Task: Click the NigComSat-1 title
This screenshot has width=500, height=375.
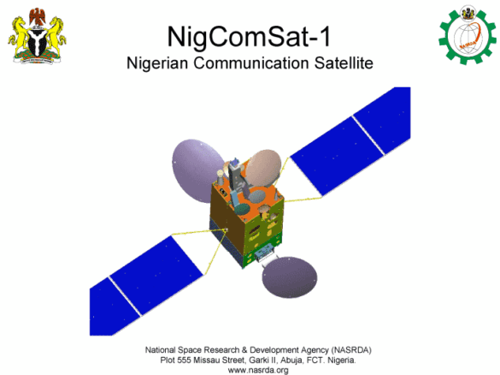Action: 250,37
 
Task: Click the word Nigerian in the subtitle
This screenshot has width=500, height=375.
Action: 157,62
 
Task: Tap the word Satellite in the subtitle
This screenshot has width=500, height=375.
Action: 344,62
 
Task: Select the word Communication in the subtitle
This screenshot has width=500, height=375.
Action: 251,62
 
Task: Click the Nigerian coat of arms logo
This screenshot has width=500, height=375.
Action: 37,36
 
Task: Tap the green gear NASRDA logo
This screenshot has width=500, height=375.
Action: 468,34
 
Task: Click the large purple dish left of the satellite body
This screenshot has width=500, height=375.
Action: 195,170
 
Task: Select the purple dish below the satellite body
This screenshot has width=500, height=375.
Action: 290,277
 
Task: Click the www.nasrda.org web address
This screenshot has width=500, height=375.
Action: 258,370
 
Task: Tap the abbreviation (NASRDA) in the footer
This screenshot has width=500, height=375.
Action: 351,350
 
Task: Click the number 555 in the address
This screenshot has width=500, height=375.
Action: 184,360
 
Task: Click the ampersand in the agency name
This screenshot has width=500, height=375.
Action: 244,350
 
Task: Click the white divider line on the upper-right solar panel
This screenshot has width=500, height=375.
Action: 368,135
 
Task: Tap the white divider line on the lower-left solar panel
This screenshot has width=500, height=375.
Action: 125,296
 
